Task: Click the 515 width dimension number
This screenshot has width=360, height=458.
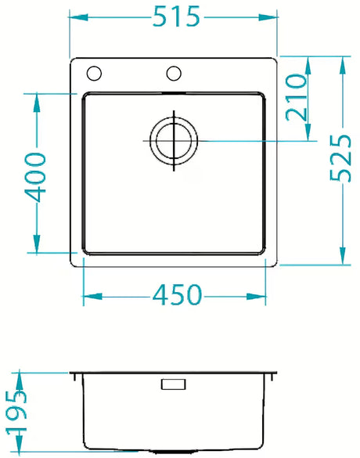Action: tap(176, 16)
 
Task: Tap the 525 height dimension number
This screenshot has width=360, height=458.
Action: tap(340, 158)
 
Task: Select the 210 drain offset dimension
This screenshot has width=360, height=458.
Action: tap(297, 97)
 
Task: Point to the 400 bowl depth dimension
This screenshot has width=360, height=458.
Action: tap(35, 177)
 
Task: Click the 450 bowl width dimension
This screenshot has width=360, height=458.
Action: tap(177, 294)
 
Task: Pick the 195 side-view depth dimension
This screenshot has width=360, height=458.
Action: tap(16, 413)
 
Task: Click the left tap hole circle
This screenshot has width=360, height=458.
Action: tap(94, 74)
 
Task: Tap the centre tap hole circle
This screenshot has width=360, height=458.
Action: tap(174, 74)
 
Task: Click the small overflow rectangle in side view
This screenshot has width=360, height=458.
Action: tap(174, 384)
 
